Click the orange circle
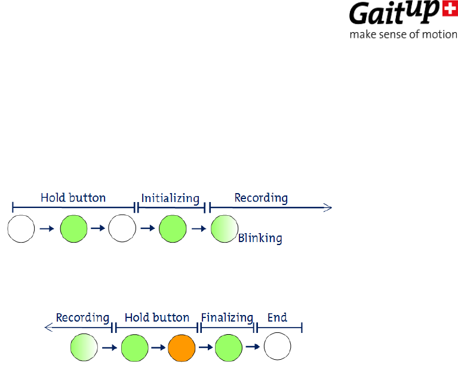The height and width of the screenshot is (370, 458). (x=182, y=347)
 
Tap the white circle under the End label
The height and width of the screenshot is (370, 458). (x=277, y=347)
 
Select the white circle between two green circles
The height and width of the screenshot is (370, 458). (x=122, y=229)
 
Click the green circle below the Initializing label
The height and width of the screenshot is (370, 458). (x=173, y=229)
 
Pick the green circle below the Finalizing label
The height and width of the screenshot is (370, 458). (x=228, y=347)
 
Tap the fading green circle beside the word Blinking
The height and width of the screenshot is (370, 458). (x=225, y=229)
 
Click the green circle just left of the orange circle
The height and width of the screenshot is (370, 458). (x=134, y=347)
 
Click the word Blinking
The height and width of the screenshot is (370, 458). (x=260, y=238)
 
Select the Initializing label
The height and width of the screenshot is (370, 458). (x=170, y=197)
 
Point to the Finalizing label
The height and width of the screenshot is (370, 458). (x=227, y=317)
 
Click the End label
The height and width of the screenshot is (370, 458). (x=277, y=317)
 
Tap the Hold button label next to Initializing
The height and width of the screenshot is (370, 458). (x=73, y=197)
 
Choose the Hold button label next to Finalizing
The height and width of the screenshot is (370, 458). (x=157, y=317)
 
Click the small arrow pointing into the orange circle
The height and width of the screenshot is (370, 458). (x=158, y=347)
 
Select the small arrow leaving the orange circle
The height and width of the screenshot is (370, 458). (x=205, y=347)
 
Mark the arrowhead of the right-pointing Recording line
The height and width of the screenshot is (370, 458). (x=327, y=207)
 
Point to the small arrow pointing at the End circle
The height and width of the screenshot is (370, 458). (x=253, y=347)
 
